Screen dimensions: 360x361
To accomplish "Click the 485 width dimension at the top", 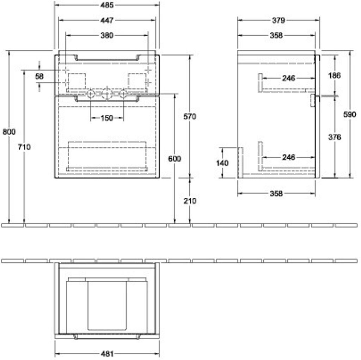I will click(106, 5).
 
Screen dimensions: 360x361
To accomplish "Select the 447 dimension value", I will click(106, 20).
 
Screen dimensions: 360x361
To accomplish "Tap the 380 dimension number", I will click(106, 35).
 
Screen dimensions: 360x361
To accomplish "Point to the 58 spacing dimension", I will click(39, 76).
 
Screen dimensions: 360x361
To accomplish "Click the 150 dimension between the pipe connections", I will click(106, 118).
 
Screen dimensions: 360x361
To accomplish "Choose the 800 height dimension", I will click(9, 132).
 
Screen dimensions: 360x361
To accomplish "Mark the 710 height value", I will click(24, 147).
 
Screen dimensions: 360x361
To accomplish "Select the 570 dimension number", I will click(190, 116).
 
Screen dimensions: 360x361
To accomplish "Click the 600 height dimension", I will click(175, 159).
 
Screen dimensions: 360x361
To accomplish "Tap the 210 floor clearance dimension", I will click(190, 201).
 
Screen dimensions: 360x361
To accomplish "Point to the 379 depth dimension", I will click(278, 20).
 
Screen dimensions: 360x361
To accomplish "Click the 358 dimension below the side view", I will click(276, 193).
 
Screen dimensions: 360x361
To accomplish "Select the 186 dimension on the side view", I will click(334, 75).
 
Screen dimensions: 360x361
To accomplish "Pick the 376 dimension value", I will click(334, 137).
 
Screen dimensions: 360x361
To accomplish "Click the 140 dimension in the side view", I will click(222, 163).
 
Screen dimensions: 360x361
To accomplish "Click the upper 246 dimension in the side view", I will click(288, 78).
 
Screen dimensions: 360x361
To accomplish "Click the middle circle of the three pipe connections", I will click(107, 94).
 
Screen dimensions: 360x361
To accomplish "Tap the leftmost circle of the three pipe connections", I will click(91, 94).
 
